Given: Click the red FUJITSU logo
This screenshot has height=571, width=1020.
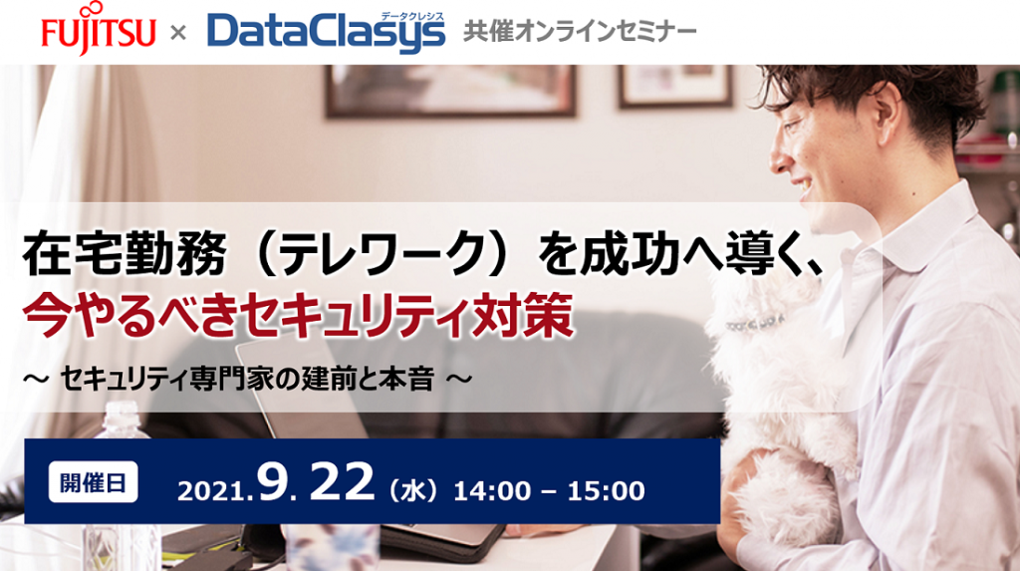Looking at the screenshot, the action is [99, 29].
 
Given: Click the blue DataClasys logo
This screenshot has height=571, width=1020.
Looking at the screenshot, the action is [327, 32].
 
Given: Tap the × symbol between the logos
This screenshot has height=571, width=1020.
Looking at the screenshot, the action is [177, 32].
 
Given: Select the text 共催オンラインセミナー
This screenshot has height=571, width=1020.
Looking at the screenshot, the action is [580, 31].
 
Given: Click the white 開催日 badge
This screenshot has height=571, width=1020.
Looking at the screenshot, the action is [93, 482].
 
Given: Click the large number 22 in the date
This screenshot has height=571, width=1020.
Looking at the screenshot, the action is [343, 483].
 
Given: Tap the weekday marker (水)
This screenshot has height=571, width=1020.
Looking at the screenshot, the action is [413, 490].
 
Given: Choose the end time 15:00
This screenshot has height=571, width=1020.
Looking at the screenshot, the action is [607, 491].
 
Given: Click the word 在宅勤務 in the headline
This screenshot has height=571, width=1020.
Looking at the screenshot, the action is [124, 254].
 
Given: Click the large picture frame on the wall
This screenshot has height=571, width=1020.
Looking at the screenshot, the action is [451, 91].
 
